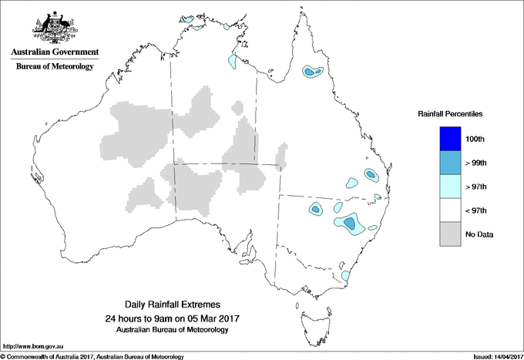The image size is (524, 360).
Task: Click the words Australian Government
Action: pos(54,52)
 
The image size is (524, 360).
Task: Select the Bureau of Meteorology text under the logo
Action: pos(54,67)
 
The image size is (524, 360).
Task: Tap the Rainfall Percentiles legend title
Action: pos(450,113)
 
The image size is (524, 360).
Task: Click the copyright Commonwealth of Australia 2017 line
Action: pos(92,356)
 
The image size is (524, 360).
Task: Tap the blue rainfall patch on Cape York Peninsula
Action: pos(311,72)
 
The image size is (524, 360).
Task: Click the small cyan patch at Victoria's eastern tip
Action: pos(346,275)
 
